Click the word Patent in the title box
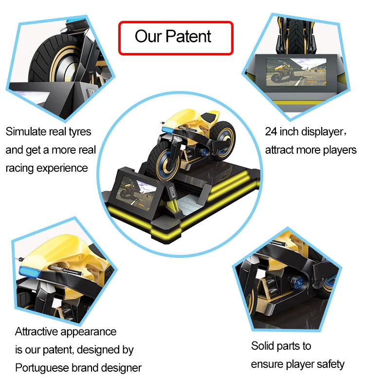click(189, 36)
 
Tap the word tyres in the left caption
click(77, 132)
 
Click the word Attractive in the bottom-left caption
click(37, 332)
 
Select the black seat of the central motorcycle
click(210, 118)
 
